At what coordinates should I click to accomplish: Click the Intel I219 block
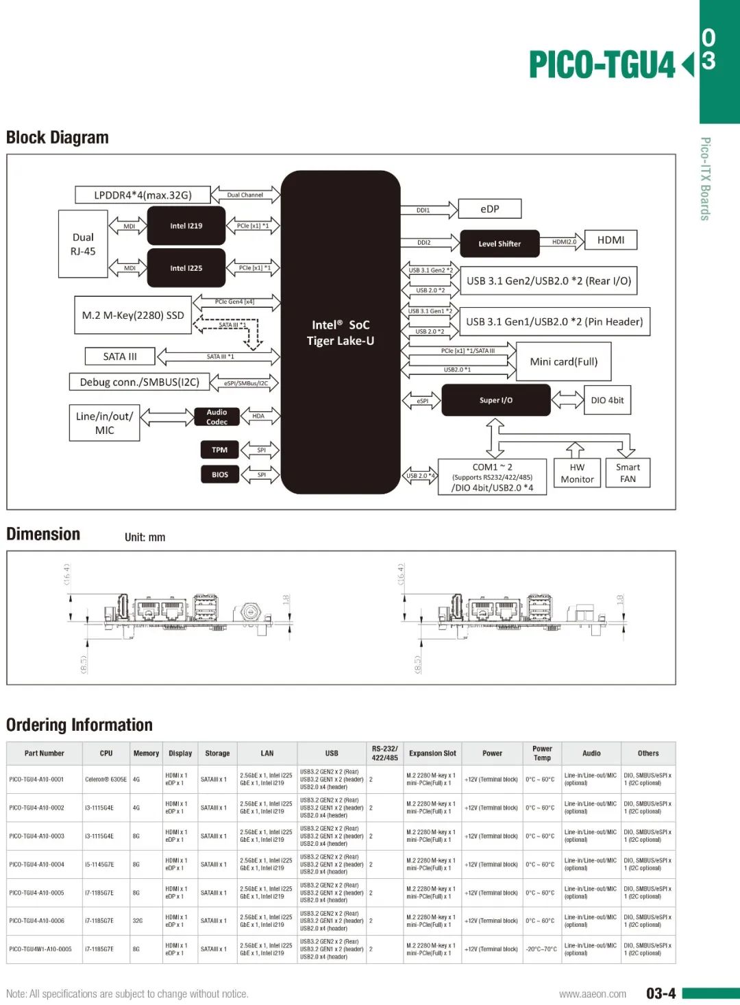pos(186,226)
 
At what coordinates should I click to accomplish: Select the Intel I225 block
pos(186,268)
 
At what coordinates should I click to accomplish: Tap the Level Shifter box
pos(500,243)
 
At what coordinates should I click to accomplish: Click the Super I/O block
pos(495,400)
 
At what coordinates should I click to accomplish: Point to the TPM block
pos(219,450)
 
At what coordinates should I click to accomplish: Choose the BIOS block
pos(219,474)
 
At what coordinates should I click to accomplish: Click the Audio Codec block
pos(217,417)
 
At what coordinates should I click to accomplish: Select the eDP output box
pos(490,209)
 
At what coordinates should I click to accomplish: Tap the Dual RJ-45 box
pos(83,244)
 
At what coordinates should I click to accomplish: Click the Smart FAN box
pos(628,473)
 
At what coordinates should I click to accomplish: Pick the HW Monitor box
pos(577,473)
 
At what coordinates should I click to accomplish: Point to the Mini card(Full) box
pos(563,361)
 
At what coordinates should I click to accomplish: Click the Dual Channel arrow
pos(245,195)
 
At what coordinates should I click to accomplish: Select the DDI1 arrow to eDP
pos(428,210)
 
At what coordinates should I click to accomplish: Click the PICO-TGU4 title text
pos(602,65)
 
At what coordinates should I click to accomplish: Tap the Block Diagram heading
pos(58,138)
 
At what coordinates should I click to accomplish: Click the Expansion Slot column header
pos(432,753)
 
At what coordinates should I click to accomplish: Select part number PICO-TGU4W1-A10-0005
pos(40,949)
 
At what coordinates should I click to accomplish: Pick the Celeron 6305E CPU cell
pos(106,779)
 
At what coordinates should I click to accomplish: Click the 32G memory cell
pos(138,921)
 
